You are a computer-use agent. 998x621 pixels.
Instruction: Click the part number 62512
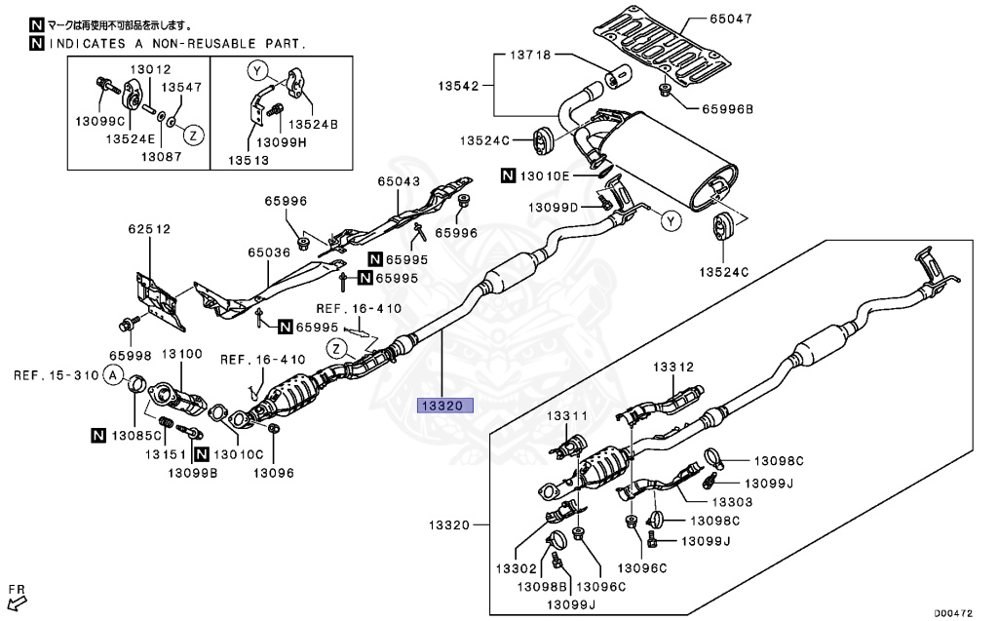click(x=148, y=231)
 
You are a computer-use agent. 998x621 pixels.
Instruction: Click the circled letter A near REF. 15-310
click(x=113, y=375)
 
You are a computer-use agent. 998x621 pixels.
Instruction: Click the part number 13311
click(x=566, y=416)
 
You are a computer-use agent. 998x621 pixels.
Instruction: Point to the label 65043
click(x=400, y=182)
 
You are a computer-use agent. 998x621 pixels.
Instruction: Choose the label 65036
click(x=270, y=252)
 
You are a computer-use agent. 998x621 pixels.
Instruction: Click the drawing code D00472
click(x=955, y=611)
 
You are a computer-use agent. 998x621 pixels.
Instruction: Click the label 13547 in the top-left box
click(x=181, y=87)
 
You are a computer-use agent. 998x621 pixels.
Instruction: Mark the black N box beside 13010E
click(x=509, y=176)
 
